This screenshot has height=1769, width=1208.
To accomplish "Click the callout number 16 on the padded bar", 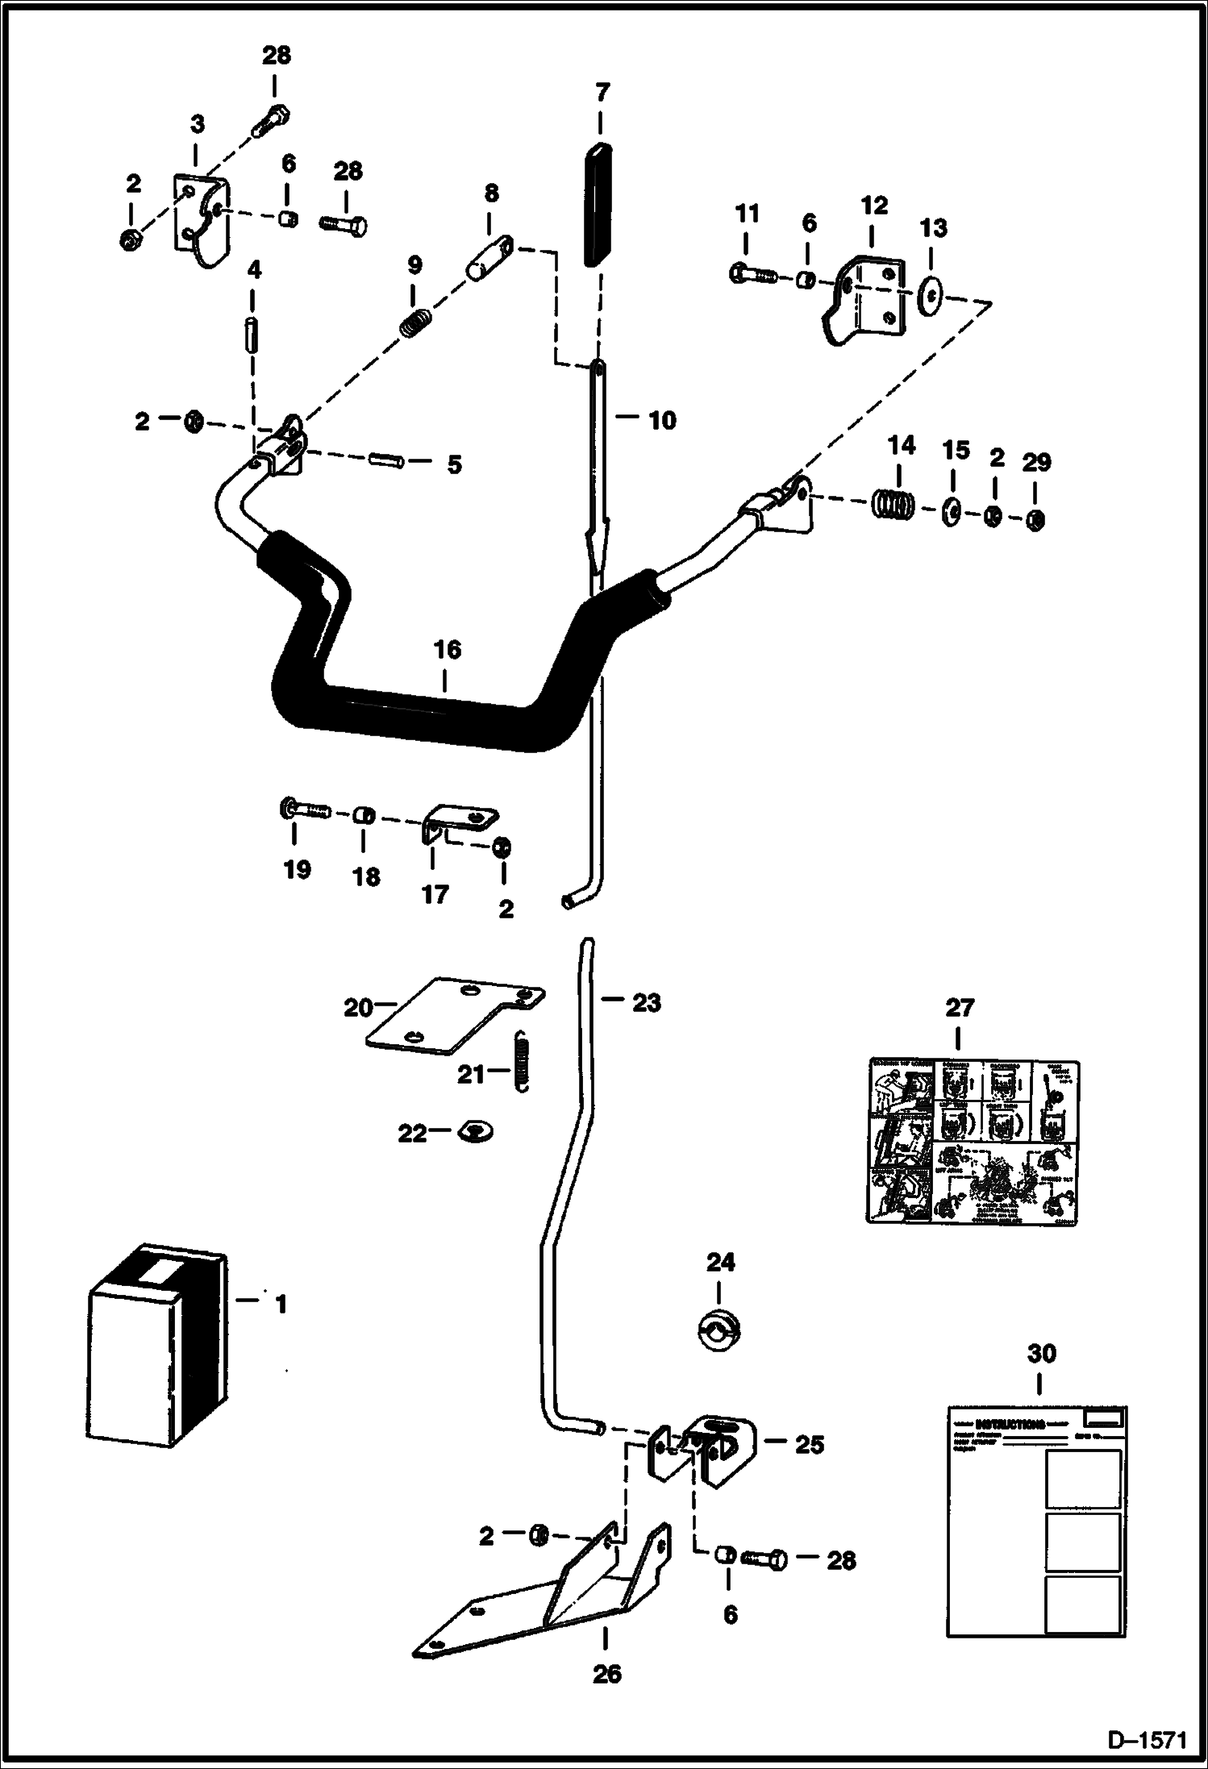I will pyautogui.click(x=448, y=651).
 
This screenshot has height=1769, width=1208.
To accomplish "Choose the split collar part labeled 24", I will pyautogui.click(x=720, y=1327).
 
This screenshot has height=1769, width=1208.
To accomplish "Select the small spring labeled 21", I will pyautogui.click(x=523, y=1063).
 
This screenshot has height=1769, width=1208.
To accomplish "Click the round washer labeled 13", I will pyautogui.click(x=931, y=296).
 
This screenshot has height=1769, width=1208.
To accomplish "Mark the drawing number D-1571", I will pyautogui.click(x=1148, y=1741).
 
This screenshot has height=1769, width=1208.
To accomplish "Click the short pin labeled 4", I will pyautogui.click(x=252, y=333).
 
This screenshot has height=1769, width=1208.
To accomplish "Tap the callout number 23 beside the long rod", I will pyautogui.click(x=647, y=1003).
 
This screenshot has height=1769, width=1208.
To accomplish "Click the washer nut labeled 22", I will pyautogui.click(x=476, y=1133).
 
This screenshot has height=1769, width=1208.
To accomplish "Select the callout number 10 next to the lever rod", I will pyautogui.click(x=662, y=420).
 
